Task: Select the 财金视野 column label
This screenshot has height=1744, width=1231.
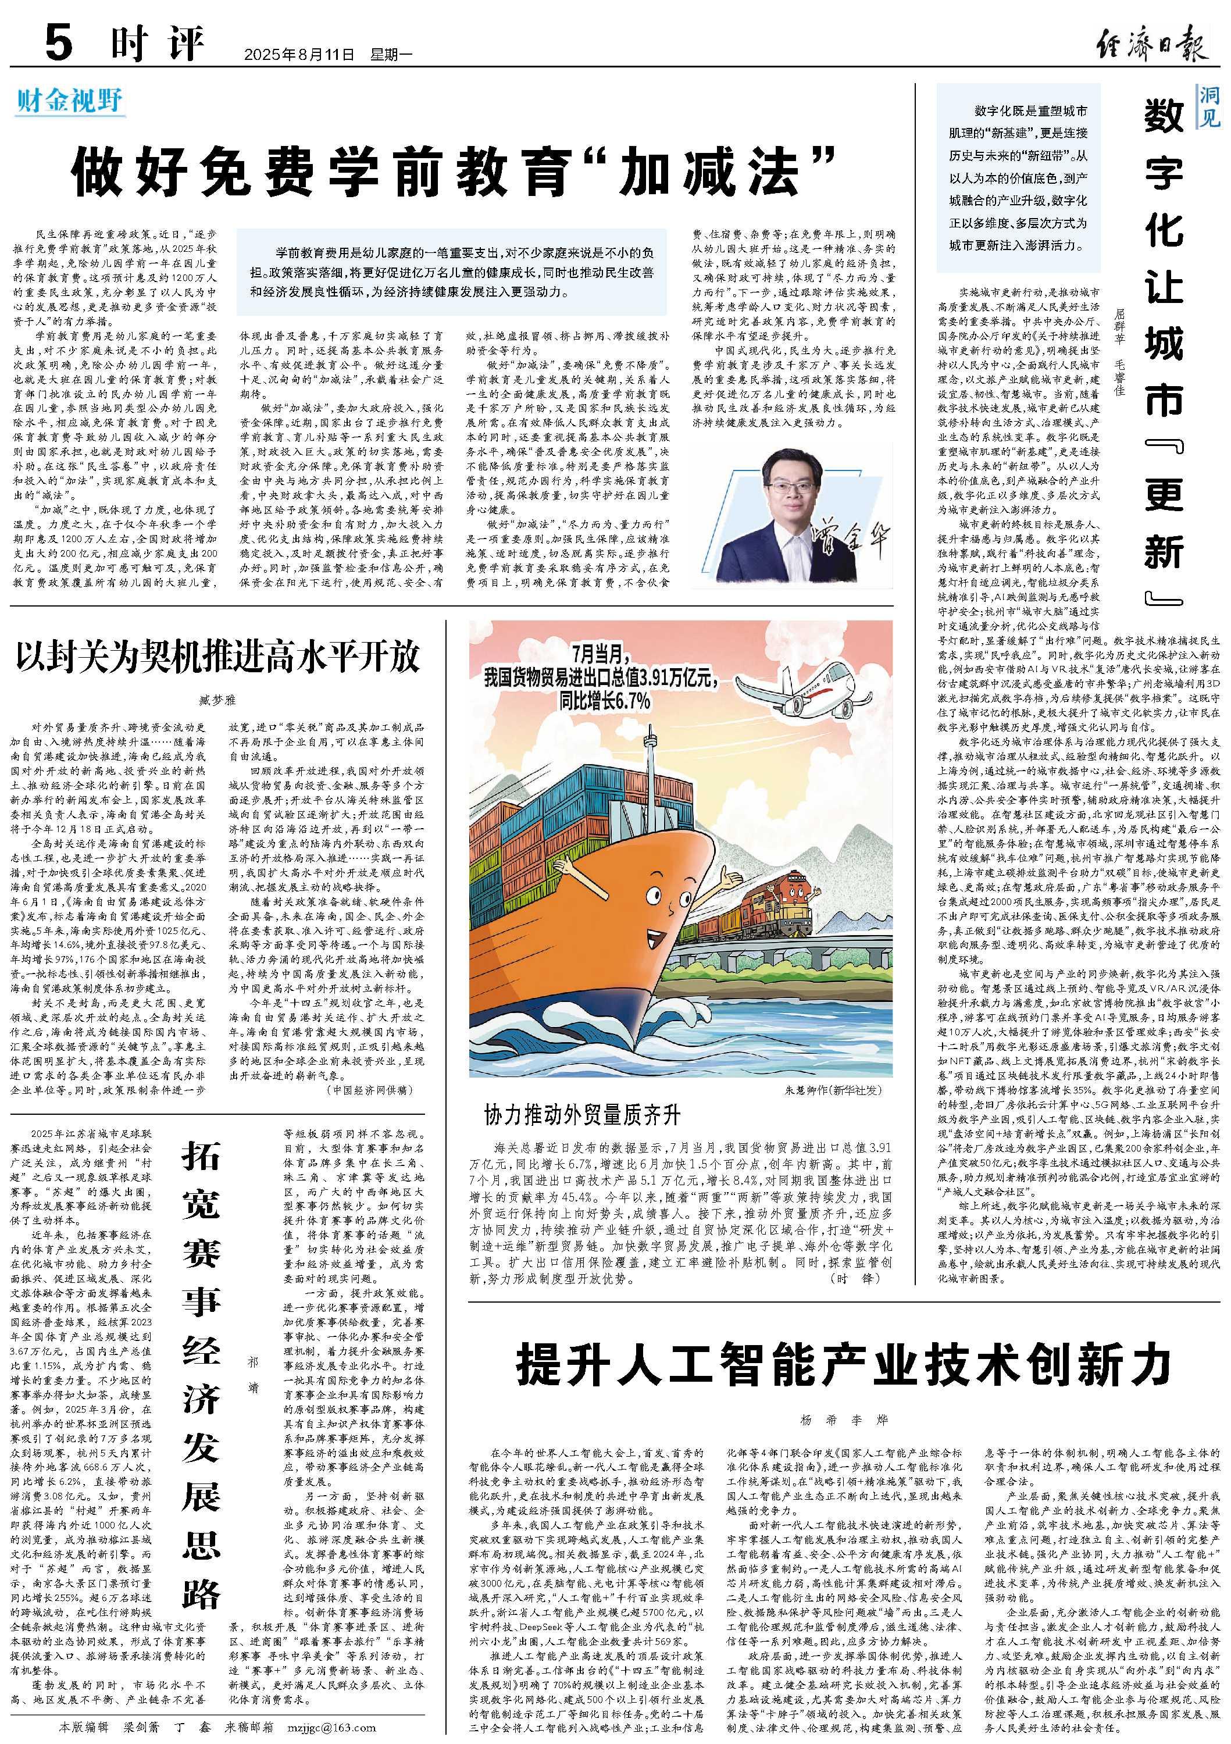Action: [69, 100]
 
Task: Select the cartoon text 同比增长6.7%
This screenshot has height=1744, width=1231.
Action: [605, 700]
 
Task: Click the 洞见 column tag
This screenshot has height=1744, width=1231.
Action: [1209, 106]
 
